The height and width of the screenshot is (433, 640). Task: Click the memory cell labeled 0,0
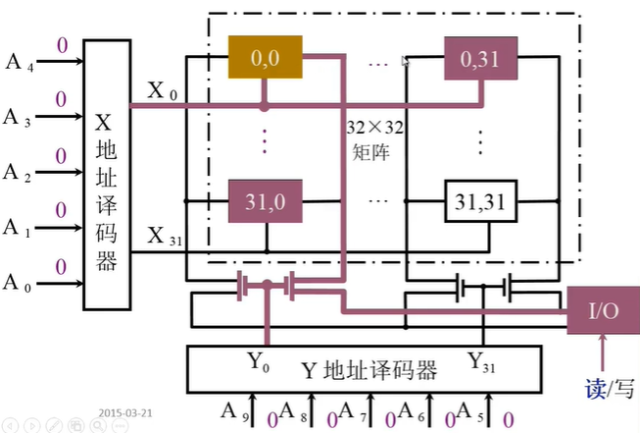266,57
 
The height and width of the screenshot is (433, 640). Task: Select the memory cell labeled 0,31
481,58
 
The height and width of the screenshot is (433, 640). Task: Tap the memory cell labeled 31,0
266,201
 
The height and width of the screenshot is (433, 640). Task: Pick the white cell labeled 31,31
481,201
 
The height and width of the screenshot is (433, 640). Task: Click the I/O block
604,310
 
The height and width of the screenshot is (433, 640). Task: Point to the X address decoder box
107,175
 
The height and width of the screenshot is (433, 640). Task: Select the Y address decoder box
365,369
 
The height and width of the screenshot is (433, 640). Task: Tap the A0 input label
17,283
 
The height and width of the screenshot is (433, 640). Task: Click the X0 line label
162,90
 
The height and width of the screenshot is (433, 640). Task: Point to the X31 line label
165,236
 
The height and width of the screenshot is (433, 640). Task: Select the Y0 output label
258,361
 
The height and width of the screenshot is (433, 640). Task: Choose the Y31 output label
481,362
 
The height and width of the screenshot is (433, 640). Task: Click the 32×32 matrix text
373,139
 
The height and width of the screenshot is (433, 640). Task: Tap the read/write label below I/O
610,389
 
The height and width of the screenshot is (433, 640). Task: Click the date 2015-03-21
125,413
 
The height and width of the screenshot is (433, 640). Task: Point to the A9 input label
234,411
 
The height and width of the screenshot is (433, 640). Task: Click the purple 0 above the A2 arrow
61,156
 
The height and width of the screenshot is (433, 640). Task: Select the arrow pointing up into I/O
603,352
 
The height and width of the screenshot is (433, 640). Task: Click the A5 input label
470,411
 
